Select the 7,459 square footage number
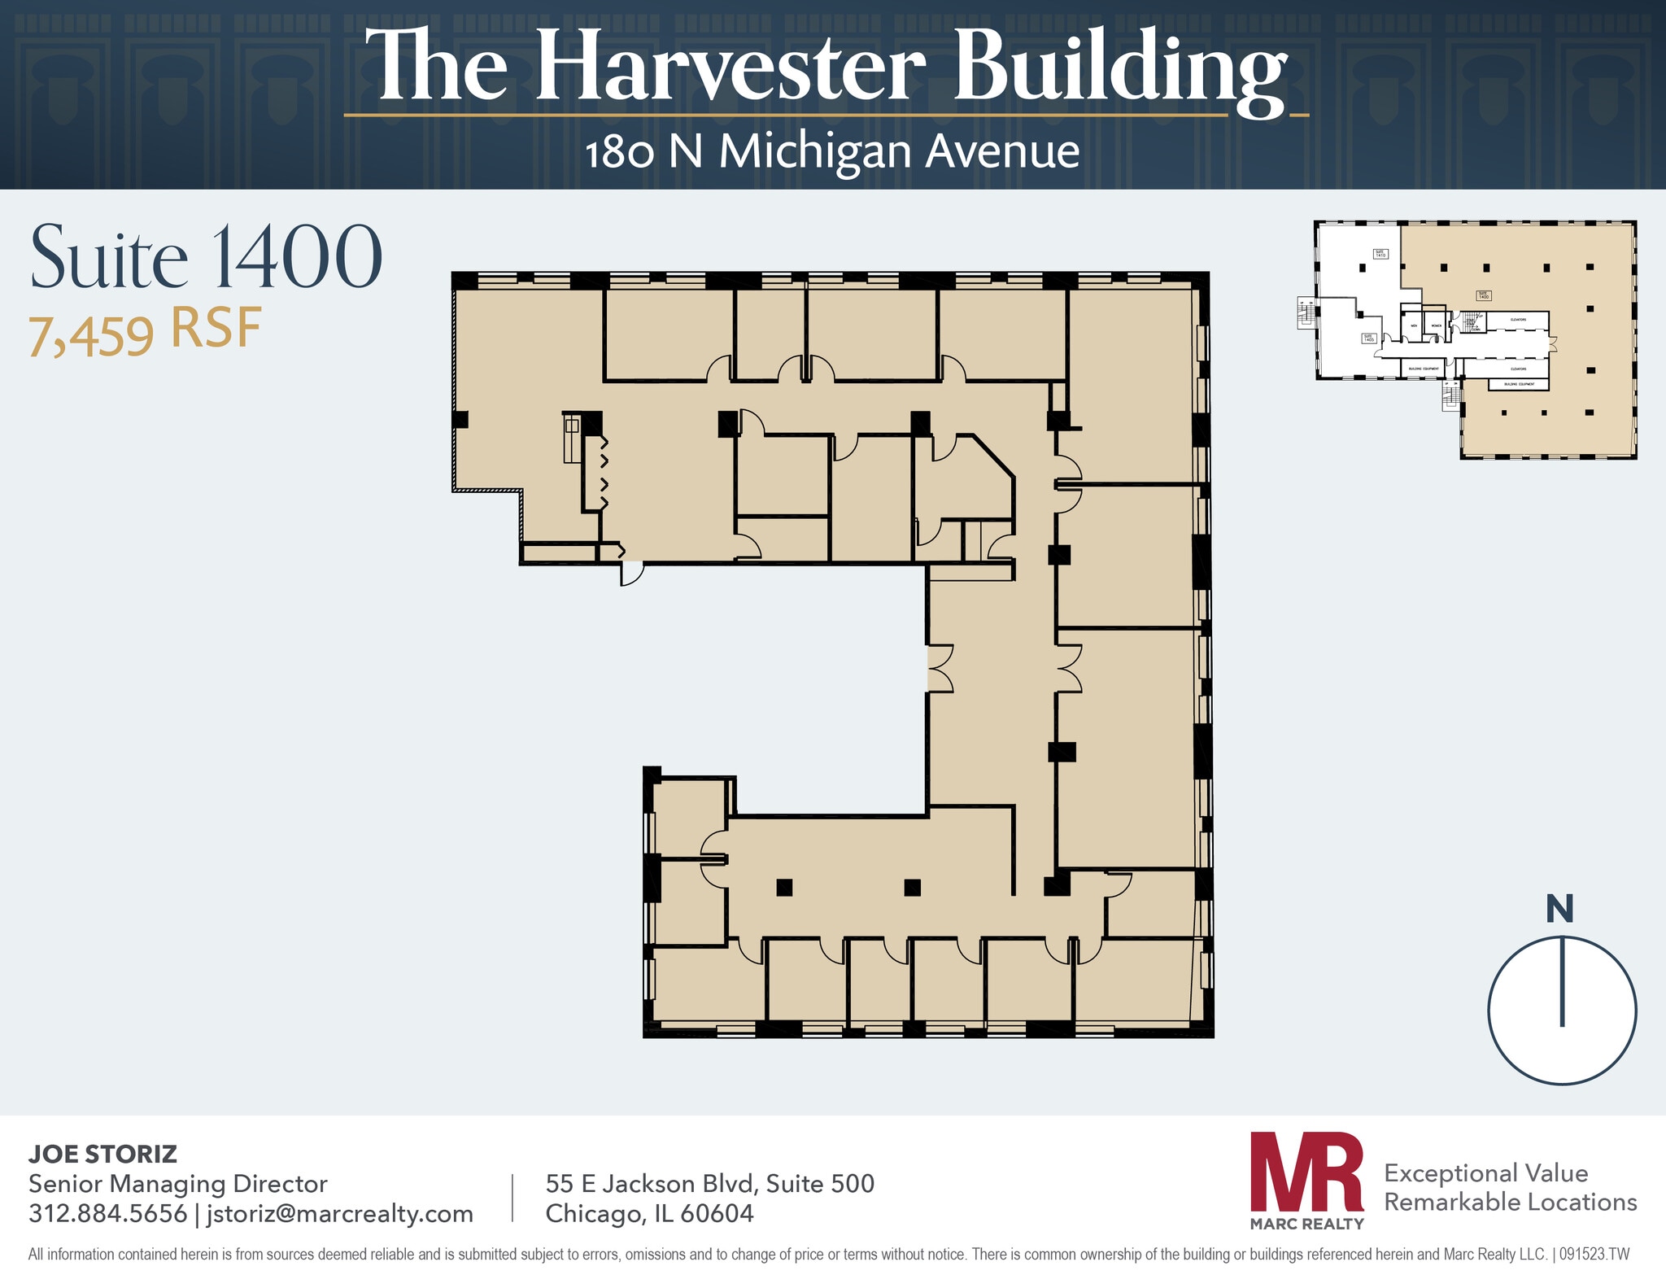(90, 334)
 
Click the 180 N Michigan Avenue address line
(831, 151)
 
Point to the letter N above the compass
(1559, 909)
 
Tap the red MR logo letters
(1306, 1172)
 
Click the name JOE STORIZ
(102, 1154)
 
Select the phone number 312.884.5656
(107, 1213)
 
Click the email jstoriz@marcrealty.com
(340, 1213)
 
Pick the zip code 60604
(717, 1213)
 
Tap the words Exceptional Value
(1485, 1172)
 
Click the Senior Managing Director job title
(177, 1183)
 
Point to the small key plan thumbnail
(1474, 339)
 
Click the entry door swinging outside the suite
(631, 573)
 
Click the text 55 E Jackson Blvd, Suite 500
(709, 1183)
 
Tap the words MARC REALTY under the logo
(1306, 1224)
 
